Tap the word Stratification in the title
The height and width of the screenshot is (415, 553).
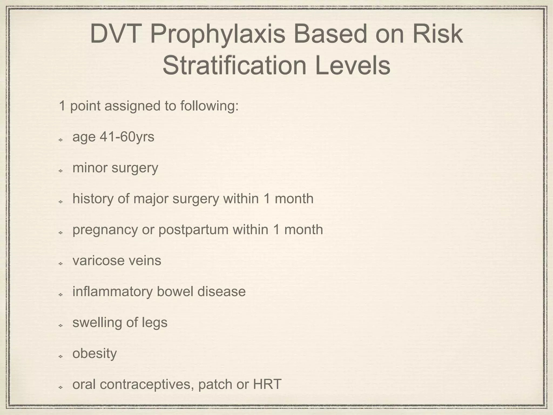pos(235,66)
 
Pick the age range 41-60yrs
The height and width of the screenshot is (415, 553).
pos(127,137)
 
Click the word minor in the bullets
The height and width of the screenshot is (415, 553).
pos(90,168)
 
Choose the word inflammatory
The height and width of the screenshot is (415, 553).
pos(113,292)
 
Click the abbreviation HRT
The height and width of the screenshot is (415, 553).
pos(267,384)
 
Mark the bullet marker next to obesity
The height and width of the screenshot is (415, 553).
pos(61,356)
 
